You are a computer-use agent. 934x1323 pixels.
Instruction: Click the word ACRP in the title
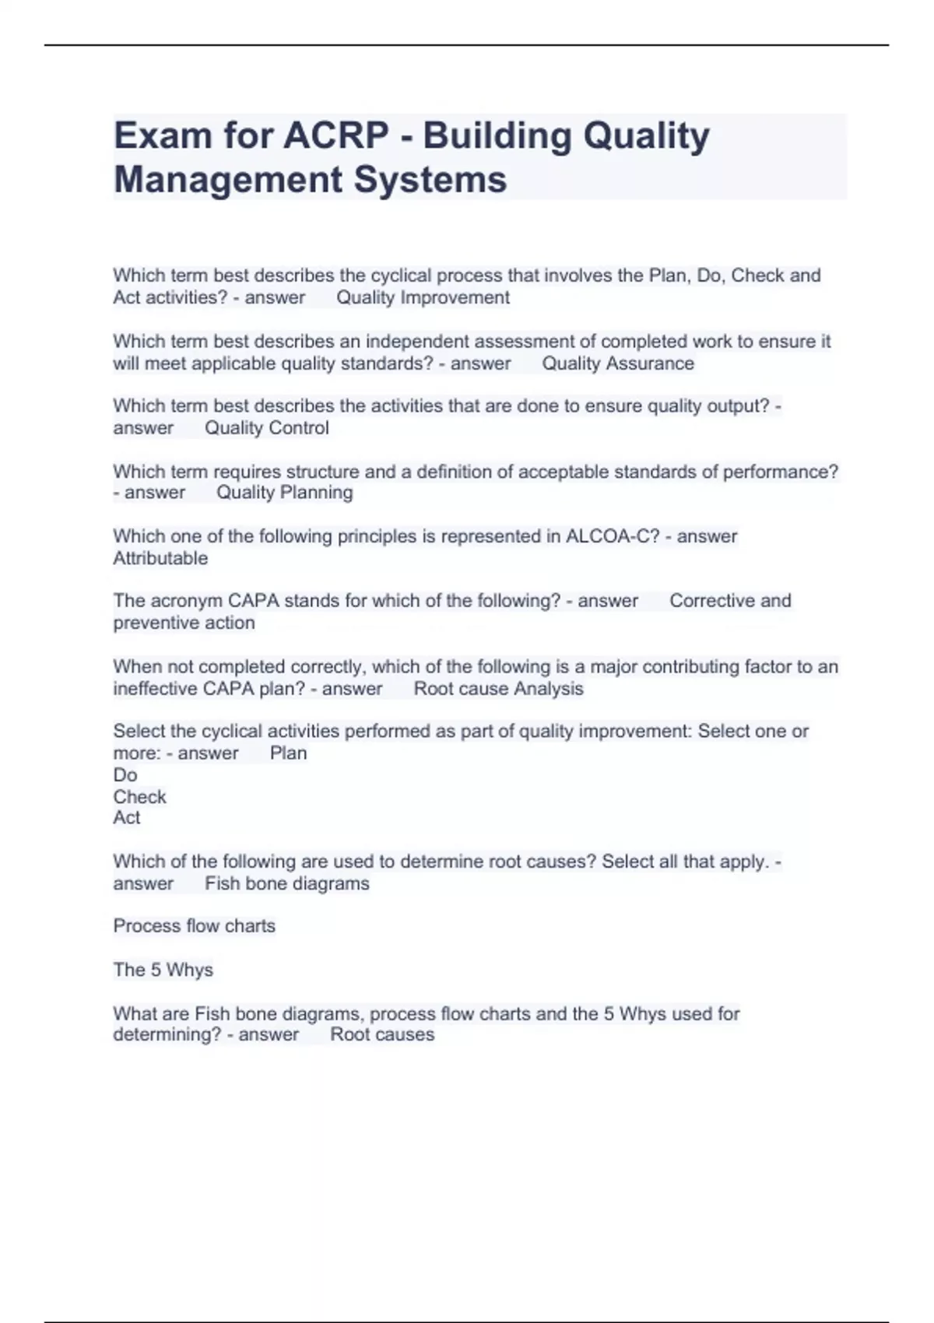335,136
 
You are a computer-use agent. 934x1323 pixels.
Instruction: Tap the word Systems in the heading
430,180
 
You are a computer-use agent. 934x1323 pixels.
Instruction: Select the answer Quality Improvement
423,297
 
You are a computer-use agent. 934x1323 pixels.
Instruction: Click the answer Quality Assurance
617,363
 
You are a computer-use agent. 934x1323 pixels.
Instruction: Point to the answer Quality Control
266,428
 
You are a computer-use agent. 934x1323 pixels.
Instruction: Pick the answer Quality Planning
284,493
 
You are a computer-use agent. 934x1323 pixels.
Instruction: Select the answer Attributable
160,558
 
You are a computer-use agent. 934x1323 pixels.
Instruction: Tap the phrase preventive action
184,623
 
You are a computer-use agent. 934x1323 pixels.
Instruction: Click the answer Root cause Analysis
498,689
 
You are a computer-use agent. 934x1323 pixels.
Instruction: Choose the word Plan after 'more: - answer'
288,753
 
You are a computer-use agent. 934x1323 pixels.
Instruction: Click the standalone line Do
125,775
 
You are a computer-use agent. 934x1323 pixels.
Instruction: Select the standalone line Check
139,797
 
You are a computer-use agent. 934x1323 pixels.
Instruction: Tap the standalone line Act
127,818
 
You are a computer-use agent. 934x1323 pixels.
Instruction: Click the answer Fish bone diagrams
286,884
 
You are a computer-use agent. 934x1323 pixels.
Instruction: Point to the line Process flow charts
194,926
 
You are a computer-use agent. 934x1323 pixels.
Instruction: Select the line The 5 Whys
163,970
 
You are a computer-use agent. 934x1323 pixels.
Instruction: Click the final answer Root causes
382,1035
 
